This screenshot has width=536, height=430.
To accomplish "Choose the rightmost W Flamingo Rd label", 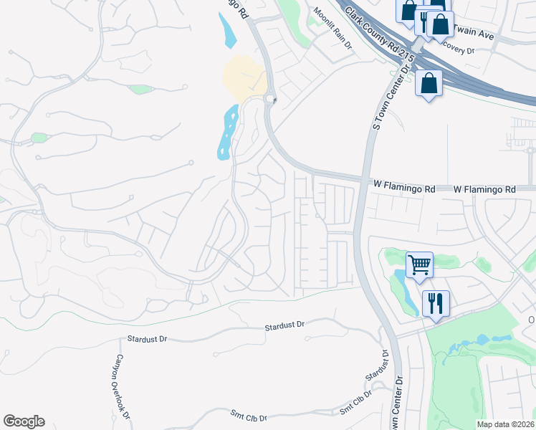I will (x=485, y=189).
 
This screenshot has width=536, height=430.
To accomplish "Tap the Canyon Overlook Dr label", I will (x=121, y=387).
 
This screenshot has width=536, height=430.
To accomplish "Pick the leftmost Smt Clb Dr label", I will (x=249, y=416).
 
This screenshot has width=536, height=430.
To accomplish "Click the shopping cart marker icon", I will (x=419, y=264).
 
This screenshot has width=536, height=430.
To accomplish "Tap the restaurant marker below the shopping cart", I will (x=435, y=302).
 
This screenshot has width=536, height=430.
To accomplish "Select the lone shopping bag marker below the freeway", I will (x=428, y=82).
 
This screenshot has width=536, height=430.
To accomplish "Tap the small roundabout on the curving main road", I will (x=270, y=100).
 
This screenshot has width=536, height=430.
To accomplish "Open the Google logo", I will (x=24, y=421).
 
